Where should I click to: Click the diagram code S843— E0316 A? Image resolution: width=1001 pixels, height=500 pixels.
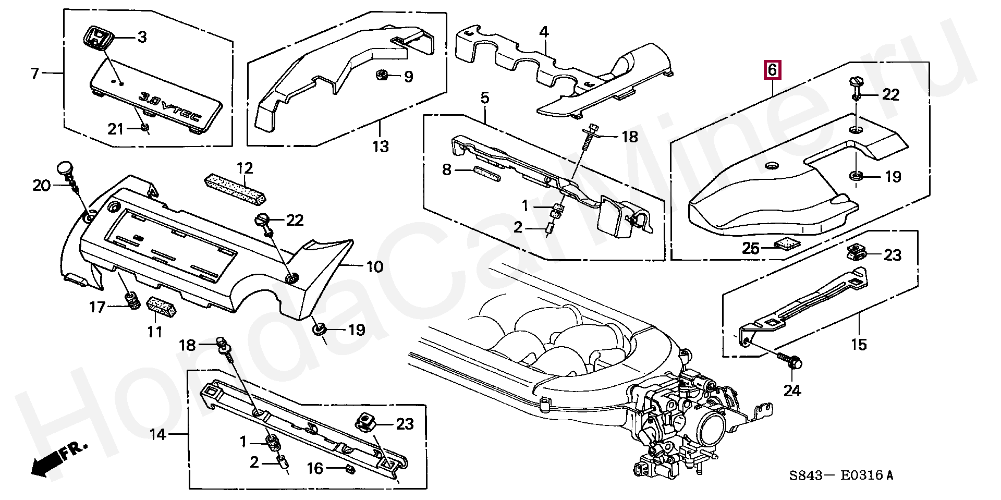tap(841, 475)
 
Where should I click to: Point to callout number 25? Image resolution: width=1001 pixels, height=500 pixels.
tap(750, 249)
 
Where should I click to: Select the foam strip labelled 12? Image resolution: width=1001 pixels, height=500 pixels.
tap(235, 188)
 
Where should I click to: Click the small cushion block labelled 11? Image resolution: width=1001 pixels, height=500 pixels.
tap(162, 306)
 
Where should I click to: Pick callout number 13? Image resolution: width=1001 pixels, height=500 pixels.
tap(381, 147)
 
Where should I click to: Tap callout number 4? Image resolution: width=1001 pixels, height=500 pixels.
tap(543, 32)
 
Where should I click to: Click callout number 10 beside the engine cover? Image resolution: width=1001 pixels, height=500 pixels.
tap(374, 267)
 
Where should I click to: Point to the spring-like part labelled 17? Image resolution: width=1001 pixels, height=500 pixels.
tap(132, 301)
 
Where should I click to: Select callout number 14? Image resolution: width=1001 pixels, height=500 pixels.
tap(157, 434)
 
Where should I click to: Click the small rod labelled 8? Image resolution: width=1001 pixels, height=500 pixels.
tap(486, 173)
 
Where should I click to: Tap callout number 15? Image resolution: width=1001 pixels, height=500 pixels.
tap(858, 344)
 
